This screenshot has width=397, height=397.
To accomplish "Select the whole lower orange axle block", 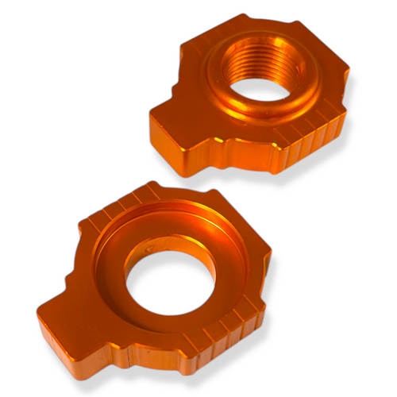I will tap(155, 282).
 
